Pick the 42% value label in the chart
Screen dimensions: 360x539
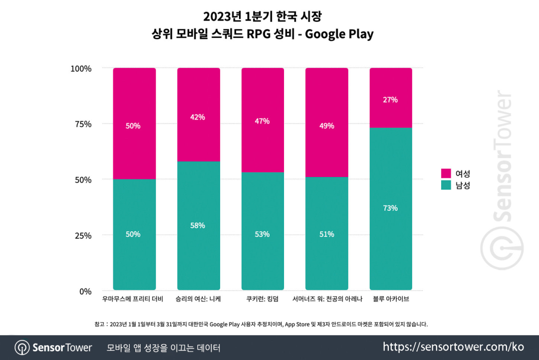(199, 117)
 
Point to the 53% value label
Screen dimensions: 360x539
(263, 234)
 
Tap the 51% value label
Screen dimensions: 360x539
(326, 234)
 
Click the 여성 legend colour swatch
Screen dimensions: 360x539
(446, 174)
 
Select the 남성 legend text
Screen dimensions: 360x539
(463, 185)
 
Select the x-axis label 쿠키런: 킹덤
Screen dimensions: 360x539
(263, 300)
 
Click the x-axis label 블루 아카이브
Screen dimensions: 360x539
(391, 300)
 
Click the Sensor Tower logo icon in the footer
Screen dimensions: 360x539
(21, 348)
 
